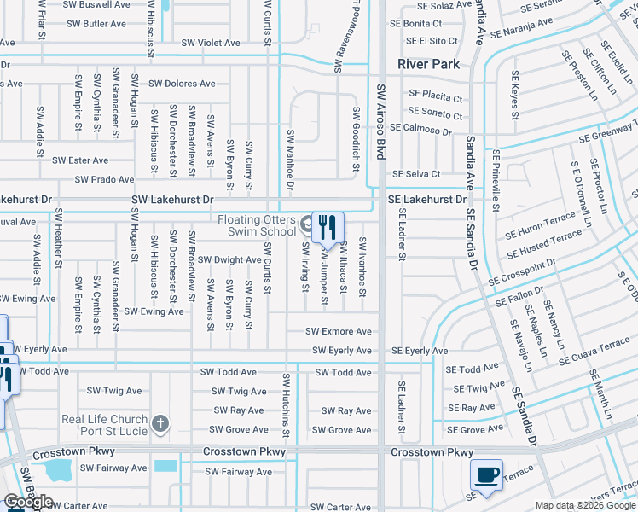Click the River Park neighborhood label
pos(428,64)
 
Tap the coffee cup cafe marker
pos(486,475)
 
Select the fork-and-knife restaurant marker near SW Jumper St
pos(328,228)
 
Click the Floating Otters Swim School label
pos(257,225)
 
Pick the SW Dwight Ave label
pos(229,259)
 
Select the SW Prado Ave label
pos(104,179)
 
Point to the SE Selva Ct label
pos(415,174)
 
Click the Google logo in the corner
pos(29,502)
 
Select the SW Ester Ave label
pos(80,160)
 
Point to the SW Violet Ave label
pos(208,43)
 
